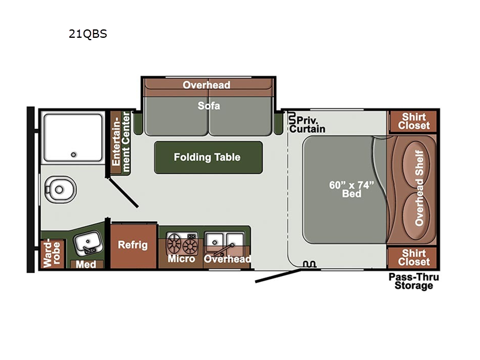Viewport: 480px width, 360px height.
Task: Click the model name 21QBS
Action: click(x=88, y=34)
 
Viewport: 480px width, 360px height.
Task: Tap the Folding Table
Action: click(x=208, y=157)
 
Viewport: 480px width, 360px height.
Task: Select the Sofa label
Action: click(x=209, y=106)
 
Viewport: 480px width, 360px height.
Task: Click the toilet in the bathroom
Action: click(x=61, y=190)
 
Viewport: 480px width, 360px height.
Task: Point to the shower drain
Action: click(x=73, y=155)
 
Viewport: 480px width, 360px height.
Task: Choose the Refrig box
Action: click(x=133, y=247)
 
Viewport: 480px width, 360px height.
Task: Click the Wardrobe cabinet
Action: click(x=52, y=254)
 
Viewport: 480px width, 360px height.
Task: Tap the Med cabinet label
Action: click(x=86, y=264)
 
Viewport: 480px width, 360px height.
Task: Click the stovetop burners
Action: click(x=182, y=244)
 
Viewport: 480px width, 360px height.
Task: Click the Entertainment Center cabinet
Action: click(x=121, y=143)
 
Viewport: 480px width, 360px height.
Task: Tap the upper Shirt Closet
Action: click(x=413, y=122)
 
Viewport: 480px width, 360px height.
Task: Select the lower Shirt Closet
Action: click(x=413, y=258)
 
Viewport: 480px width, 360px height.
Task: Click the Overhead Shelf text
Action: click(x=419, y=188)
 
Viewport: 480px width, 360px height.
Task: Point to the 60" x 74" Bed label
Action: click(x=352, y=189)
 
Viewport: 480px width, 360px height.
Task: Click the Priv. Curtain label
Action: click(x=307, y=124)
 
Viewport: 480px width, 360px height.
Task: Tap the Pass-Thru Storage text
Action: click(x=413, y=281)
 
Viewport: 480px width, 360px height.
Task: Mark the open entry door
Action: click(x=278, y=275)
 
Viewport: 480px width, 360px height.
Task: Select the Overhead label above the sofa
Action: click(x=206, y=85)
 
